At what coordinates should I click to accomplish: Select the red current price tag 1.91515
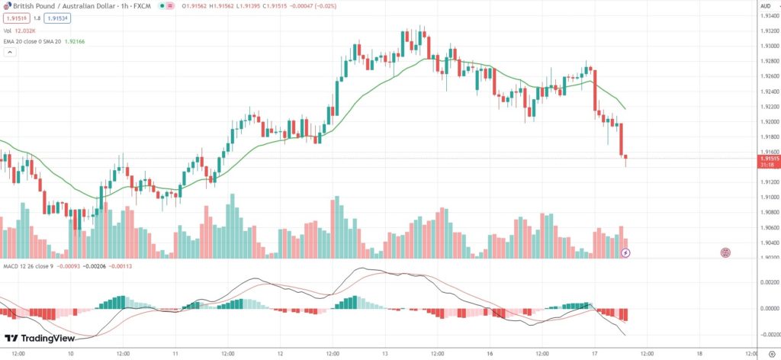pos(770,159)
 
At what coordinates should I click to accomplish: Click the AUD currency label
pos(765,6)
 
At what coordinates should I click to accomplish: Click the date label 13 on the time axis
pos(386,354)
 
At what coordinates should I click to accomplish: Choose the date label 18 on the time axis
pos(699,354)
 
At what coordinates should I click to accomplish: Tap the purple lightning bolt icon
pos(625,252)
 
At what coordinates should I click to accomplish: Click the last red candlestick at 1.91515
pos(625,159)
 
